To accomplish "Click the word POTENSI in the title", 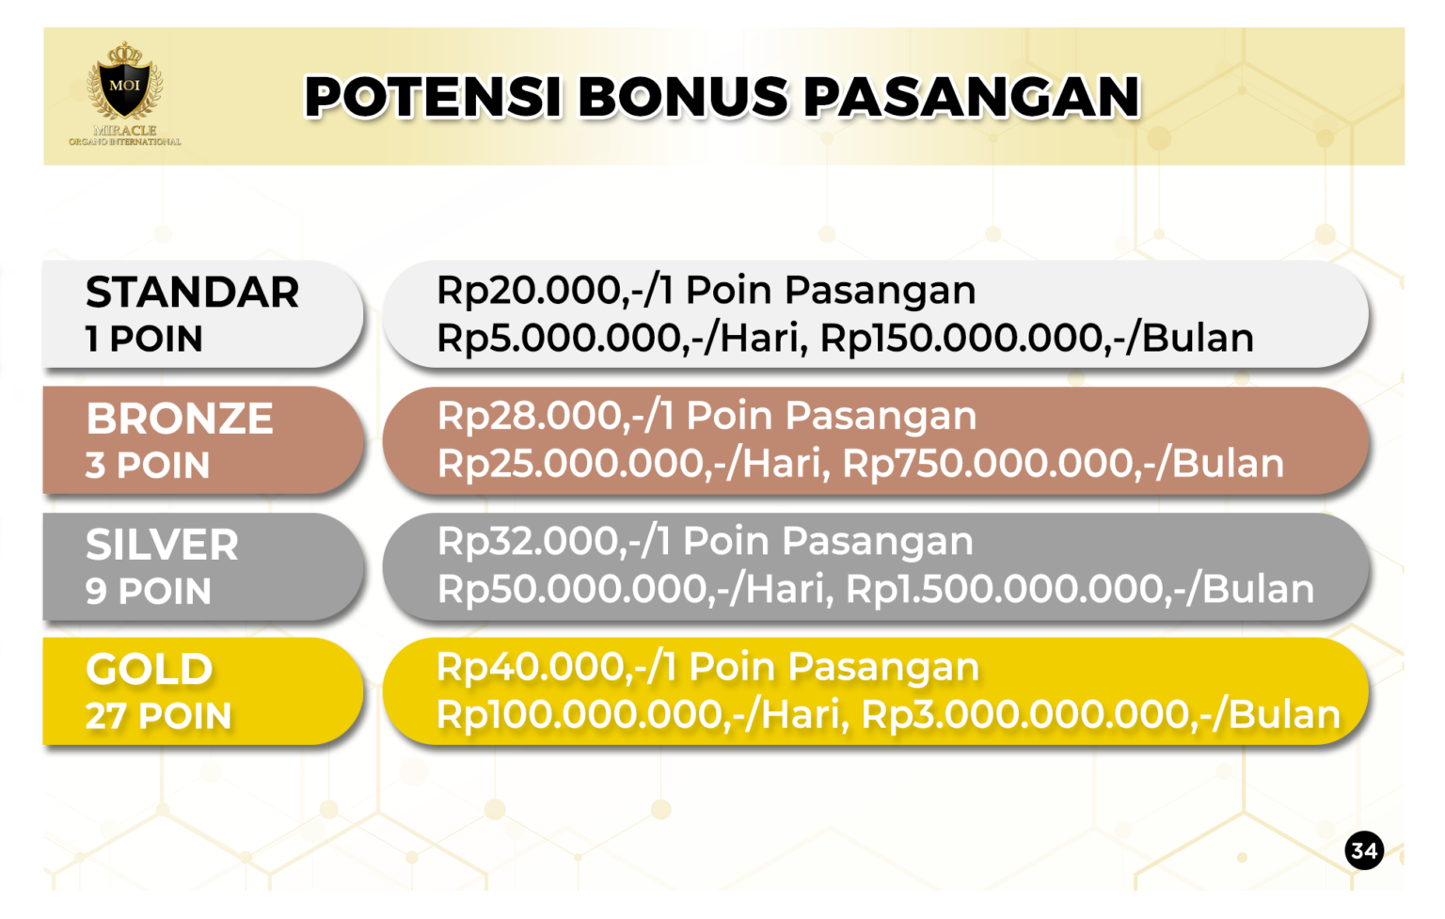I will pos(433,97).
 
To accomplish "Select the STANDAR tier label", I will pos(192,293).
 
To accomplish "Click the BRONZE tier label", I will pos(180,419).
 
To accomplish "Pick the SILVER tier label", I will pos(162,545).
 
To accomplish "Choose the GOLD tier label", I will pos(149,670).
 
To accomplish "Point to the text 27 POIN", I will pos(158,717).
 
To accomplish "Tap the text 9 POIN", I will pos(148,592).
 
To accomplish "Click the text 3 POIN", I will pos(148,466).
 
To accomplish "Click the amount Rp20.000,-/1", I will pos(555,291).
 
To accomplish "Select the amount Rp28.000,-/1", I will pos(556,416).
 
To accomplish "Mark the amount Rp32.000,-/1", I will pos(554,542).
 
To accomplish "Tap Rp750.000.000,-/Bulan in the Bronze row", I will pos(1063,464).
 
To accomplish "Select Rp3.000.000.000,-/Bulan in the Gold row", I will pos(1101,715).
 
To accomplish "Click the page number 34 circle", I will pos(1363,851).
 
